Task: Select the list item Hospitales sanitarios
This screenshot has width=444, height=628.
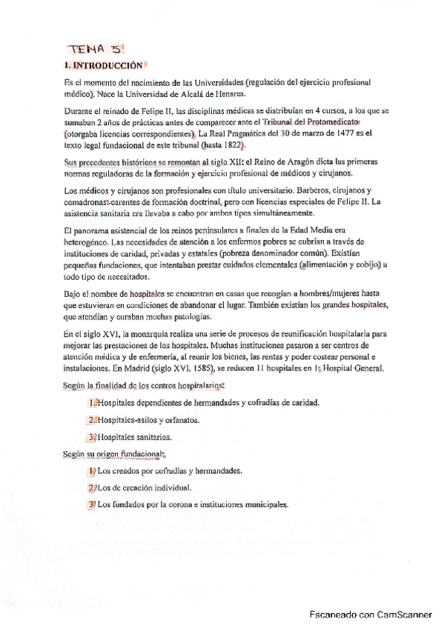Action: tap(136, 437)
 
